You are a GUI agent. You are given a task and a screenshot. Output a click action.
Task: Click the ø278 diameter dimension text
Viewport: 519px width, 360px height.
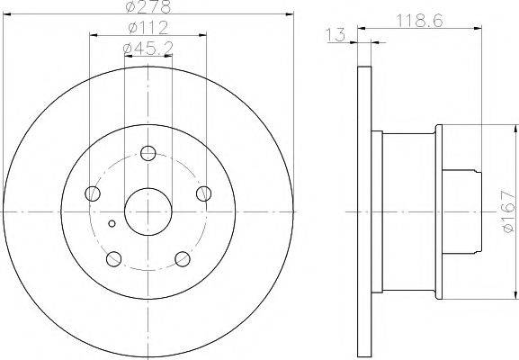pyautogui.click(x=148, y=7)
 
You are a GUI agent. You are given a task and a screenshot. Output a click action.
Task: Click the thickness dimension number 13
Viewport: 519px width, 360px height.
pyautogui.click(x=336, y=35)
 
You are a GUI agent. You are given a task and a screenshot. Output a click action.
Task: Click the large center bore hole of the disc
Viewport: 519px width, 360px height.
pyautogui.click(x=148, y=212)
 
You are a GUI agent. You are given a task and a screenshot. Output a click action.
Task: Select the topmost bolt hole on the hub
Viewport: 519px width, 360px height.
pyautogui.click(x=148, y=152)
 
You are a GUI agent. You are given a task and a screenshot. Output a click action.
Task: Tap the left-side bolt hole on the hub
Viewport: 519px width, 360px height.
pyautogui.click(x=92, y=193)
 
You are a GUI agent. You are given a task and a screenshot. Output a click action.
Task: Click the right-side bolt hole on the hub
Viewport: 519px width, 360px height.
pyautogui.click(x=204, y=193)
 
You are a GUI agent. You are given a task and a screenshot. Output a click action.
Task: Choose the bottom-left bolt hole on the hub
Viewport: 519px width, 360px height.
pyautogui.click(x=112, y=259)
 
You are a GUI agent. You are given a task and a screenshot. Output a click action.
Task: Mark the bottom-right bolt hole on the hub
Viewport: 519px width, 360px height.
pyautogui.click(x=183, y=259)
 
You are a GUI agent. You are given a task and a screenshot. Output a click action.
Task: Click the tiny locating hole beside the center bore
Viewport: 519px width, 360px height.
pyautogui.click(x=112, y=224)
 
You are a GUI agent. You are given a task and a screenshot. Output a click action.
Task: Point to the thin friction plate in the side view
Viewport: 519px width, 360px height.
pyautogui.click(x=364, y=212)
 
